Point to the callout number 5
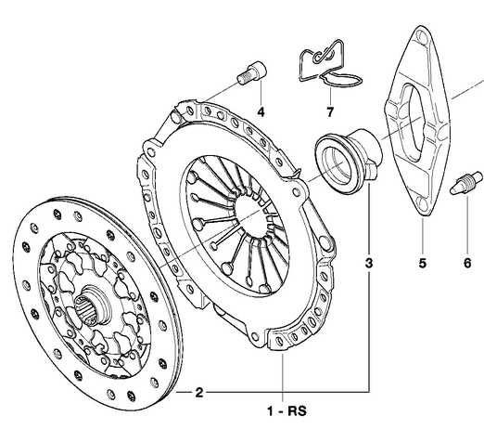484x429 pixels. (x=422, y=264)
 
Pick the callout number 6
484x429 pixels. (x=467, y=264)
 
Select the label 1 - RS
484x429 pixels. (x=285, y=408)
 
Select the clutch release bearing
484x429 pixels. (x=344, y=159)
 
